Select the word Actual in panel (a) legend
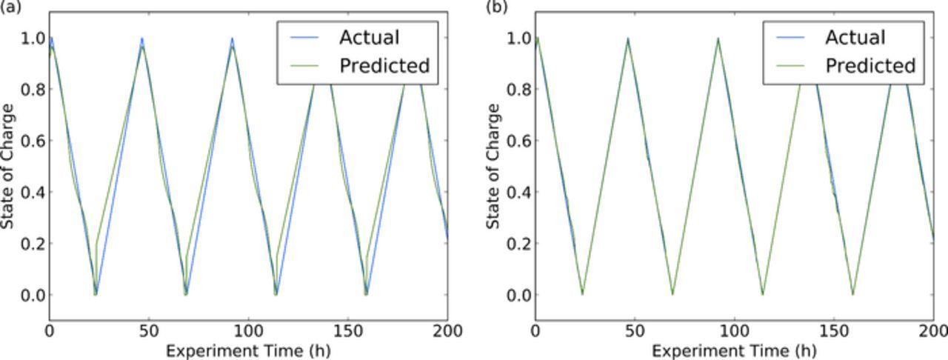(369, 37)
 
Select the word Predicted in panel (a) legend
(384, 66)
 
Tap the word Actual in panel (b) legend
(855, 37)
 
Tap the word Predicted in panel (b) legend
(870, 66)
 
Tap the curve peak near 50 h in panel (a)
(141, 40)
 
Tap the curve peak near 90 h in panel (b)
(718, 39)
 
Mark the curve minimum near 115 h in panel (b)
(763, 294)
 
